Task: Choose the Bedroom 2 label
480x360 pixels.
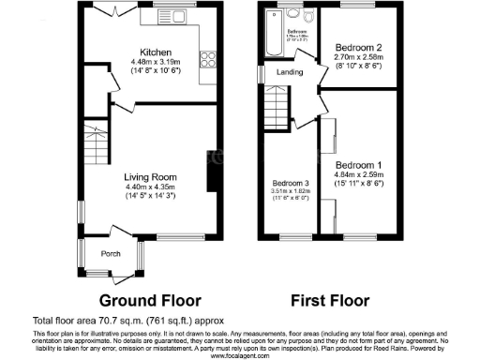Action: [x=357, y=47]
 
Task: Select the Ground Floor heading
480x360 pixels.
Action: [x=150, y=301]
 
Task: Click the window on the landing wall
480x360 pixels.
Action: [x=262, y=71]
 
